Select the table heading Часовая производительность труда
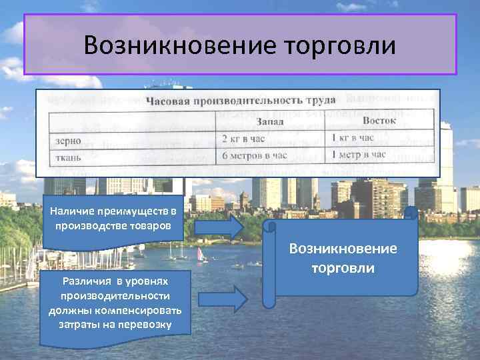coord(241,101)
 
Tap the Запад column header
coord(272,122)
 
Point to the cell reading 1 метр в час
coord(359,155)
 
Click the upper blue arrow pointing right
coord(219,227)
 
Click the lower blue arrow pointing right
coord(247,293)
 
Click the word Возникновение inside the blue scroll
coord(343,249)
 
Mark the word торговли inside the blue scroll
coord(343,267)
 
